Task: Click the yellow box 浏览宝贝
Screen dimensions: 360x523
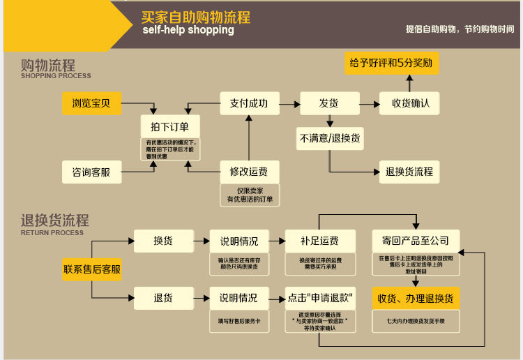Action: tap(91, 104)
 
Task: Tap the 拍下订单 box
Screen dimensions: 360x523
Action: tap(169, 127)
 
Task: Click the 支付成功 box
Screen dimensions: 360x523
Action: tap(249, 103)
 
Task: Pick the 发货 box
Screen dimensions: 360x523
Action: tap(329, 103)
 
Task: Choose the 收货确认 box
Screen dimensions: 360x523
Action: tap(411, 103)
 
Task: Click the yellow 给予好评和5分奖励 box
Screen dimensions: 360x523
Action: tap(391, 63)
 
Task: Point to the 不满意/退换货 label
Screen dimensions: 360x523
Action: tap(330, 138)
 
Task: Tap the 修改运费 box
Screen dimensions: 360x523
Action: tap(249, 172)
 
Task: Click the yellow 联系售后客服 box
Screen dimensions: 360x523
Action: tap(92, 269)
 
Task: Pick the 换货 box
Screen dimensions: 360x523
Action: tap(163, 241)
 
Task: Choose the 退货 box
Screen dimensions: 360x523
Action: tap(163, 298)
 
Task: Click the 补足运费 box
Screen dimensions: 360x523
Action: tap(319, 241)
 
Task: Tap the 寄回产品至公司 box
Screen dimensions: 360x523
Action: tap(416, 241)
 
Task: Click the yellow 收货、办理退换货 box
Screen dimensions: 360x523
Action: tap(416, 299)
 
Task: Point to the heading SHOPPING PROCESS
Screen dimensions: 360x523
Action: tap(56, 76)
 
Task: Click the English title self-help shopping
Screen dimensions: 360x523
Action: tap(188, 31)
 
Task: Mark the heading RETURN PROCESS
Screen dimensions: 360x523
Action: tap(52, 233)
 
